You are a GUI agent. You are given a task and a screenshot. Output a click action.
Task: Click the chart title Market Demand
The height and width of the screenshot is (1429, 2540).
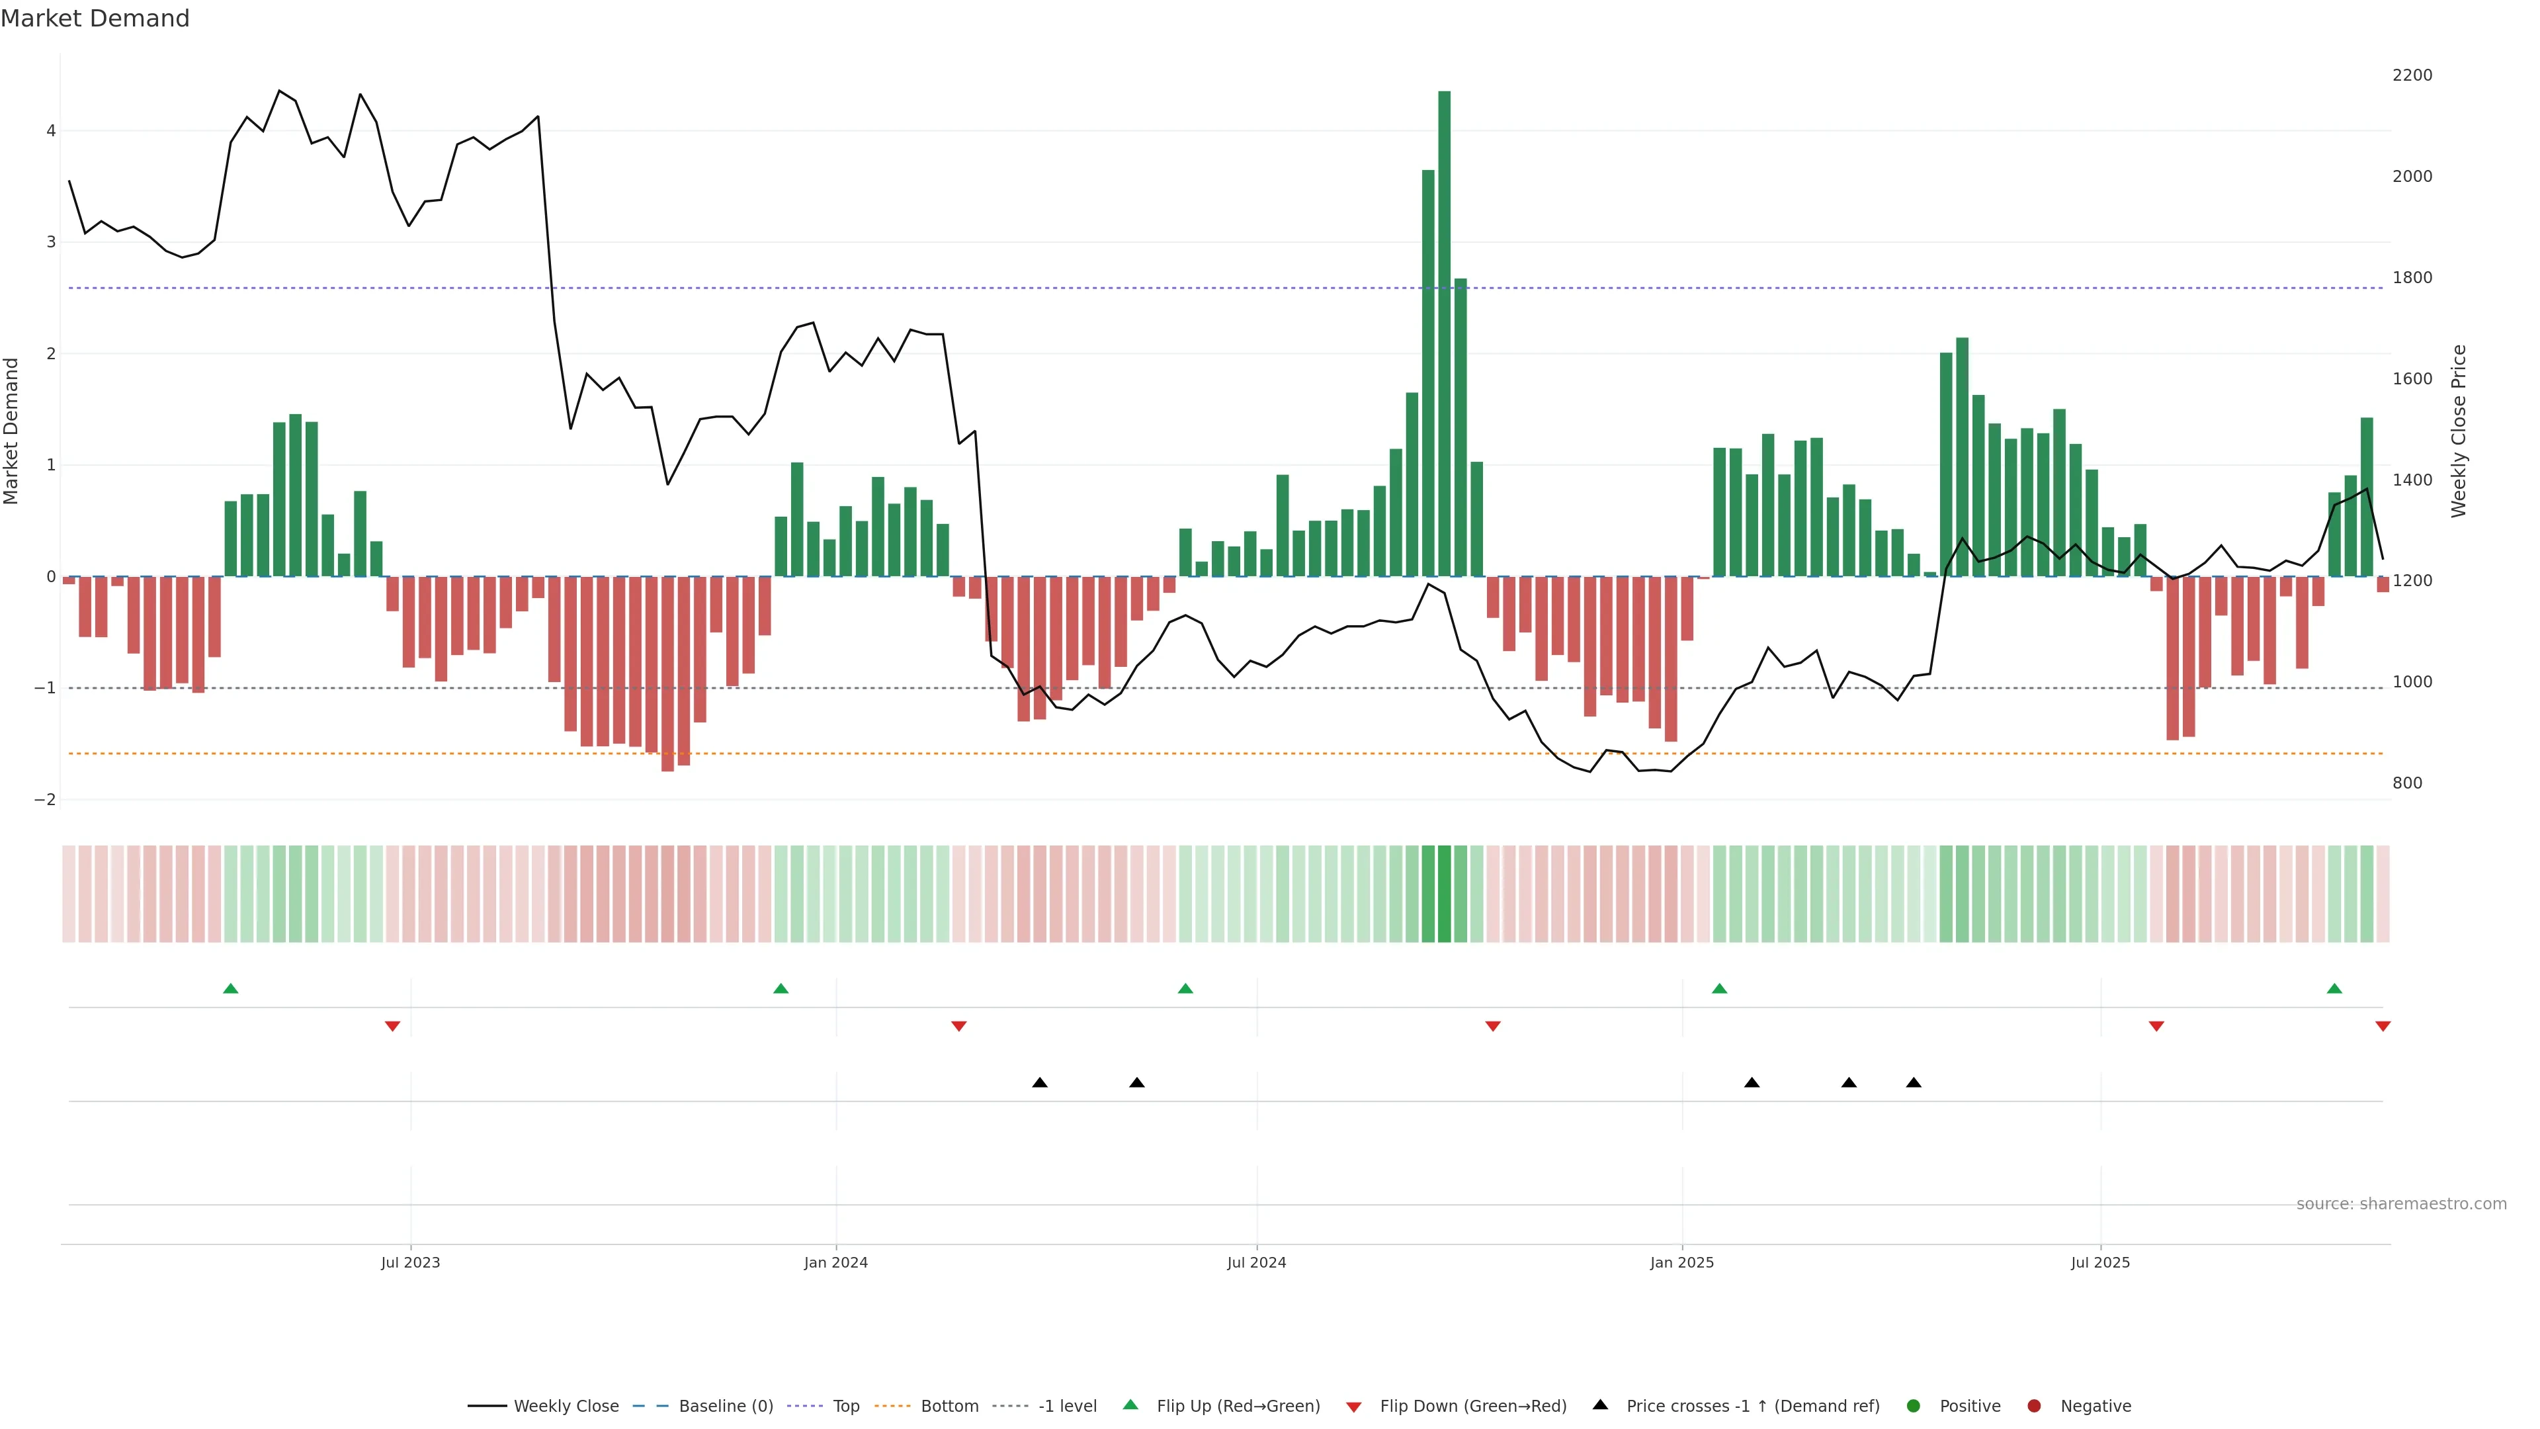95,19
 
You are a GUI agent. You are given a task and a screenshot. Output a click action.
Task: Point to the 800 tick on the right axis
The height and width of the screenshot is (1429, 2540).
2407,783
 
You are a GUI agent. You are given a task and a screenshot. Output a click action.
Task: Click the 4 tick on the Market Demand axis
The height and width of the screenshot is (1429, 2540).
52,131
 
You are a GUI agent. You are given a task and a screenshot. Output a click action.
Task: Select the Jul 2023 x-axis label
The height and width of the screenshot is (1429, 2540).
410,1262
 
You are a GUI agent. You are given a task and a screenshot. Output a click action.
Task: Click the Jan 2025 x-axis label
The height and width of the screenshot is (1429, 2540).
1682,1262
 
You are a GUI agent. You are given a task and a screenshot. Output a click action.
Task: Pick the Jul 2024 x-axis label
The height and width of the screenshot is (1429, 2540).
1256,1262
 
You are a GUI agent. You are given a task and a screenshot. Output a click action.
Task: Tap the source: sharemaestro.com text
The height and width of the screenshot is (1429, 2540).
2401,1204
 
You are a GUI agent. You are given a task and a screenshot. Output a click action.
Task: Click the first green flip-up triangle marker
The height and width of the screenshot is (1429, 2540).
231,988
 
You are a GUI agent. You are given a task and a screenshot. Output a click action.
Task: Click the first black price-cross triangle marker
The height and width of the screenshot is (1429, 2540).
1039,1083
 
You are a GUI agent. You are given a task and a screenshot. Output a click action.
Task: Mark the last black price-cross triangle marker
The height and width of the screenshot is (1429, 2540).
1914,1083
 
